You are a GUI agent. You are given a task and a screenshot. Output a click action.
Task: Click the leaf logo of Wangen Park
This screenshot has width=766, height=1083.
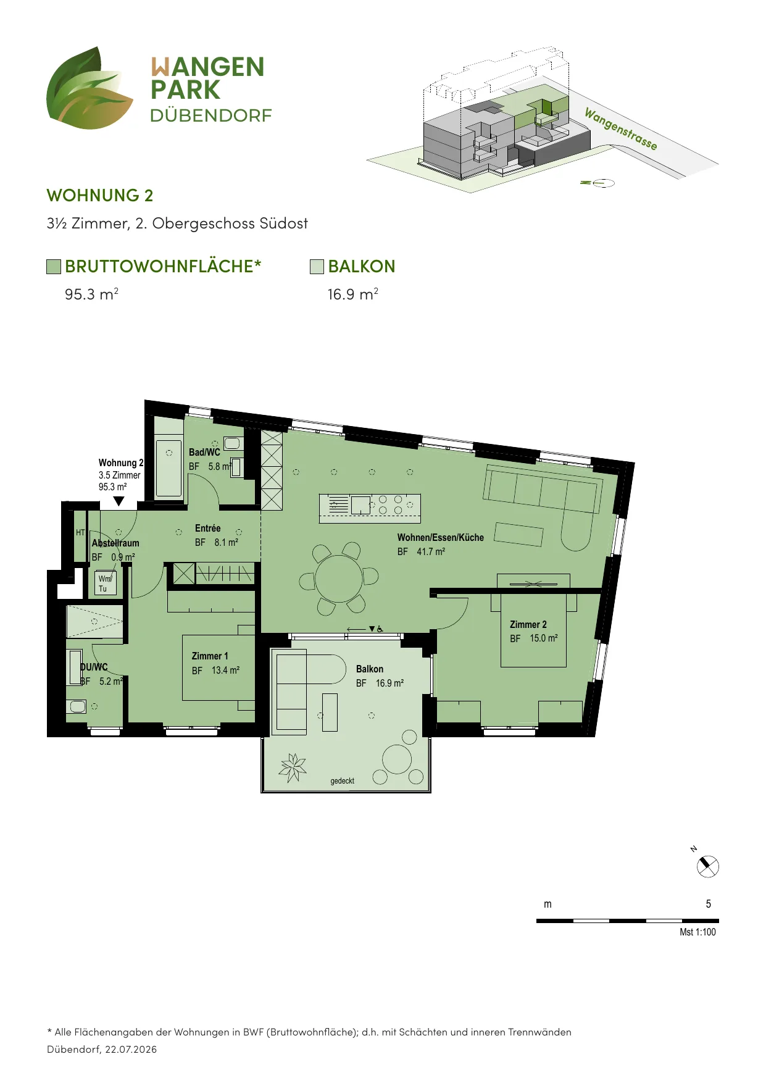tap(90, 88)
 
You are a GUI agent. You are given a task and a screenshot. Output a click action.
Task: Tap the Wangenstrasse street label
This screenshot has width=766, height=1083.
tap(621, 129)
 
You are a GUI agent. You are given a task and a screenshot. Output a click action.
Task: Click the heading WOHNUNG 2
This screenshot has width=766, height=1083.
tap(100, 196)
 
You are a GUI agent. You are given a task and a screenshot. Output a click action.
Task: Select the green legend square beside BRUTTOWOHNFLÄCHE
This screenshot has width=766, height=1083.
tap(54, 267)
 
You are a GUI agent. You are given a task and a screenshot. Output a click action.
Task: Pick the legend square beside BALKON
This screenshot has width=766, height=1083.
tap(317, 267)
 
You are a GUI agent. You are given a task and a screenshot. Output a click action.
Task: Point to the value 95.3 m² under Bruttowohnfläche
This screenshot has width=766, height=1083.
tap(91, 294)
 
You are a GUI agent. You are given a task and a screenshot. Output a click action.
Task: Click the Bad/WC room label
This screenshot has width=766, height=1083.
tap(204, 453)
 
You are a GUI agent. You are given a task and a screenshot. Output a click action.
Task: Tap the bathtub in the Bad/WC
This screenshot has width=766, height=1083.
tap(169, 467)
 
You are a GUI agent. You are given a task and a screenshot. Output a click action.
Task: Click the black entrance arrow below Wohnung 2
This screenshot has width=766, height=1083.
tap(119, 501)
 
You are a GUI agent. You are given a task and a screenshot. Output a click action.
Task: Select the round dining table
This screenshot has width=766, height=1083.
tap(339, 579)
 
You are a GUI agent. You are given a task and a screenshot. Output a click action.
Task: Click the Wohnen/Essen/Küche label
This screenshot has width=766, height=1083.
tap(441, 538)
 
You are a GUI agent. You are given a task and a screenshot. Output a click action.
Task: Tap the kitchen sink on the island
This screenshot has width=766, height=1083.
tap(360, 505)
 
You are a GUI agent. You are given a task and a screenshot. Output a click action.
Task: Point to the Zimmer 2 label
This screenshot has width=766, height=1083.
tap(528, 625)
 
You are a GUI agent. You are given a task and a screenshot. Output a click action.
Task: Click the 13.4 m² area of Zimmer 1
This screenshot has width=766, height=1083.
tap(225, 671)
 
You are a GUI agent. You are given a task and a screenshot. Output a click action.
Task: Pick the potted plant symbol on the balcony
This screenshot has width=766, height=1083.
tap(293, 767)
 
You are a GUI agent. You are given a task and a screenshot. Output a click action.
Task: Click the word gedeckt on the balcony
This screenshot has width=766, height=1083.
tap(343, 781)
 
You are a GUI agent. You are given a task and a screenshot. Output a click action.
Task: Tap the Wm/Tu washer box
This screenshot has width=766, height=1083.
tap(105, 583)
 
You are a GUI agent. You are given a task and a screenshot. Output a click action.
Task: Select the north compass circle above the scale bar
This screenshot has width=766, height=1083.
tap(708, 866)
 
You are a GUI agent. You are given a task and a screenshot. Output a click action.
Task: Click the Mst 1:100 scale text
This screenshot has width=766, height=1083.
tap(698, 932)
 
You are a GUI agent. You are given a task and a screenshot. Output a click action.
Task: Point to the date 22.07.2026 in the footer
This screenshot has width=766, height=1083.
tap(131, 1049)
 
